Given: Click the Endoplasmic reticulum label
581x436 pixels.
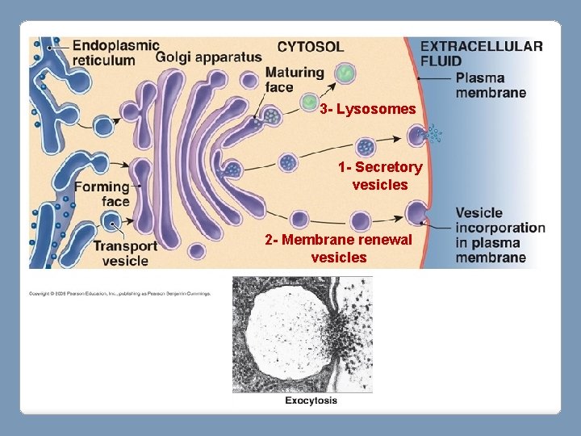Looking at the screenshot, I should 115,52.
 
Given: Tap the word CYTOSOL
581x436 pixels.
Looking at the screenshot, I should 310,47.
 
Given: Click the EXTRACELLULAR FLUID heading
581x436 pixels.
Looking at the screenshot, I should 481,53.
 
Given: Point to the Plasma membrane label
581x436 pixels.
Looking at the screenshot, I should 491,85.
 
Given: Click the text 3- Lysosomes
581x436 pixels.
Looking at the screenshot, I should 368,108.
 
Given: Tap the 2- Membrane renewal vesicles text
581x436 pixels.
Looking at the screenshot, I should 339,249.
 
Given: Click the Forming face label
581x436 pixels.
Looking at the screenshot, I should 102,194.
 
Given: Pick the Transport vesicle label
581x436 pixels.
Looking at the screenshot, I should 125,253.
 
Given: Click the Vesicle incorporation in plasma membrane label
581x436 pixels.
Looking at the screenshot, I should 499,235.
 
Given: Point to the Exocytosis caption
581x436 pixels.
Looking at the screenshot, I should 311,400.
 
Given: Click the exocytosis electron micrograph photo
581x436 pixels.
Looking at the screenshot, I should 302,334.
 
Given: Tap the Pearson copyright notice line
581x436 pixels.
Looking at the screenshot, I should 119,293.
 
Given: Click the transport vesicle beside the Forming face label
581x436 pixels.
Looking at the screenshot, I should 112,221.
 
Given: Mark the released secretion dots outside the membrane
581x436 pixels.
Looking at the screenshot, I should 436,132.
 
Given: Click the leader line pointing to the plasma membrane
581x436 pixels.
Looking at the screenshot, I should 435,78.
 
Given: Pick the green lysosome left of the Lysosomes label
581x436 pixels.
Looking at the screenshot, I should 309,103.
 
